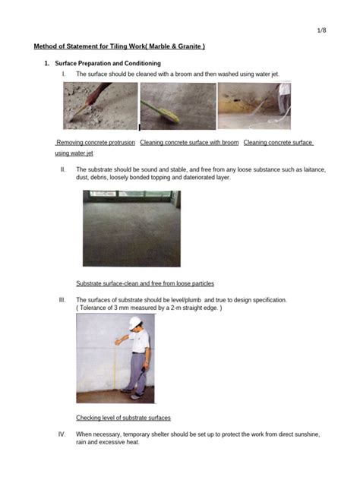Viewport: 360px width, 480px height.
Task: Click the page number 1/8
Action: (x=321, y=30)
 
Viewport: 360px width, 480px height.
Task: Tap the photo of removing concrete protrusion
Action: (x=100, y=106)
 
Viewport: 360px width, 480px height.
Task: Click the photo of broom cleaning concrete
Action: (x=177, y=106)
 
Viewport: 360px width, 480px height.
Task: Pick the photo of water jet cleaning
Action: (x=254, y=106)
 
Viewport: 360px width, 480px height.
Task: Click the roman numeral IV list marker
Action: (x=62, y=434)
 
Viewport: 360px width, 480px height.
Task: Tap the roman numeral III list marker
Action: (x=62, y=300)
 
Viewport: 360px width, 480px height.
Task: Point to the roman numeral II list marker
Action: (x=63, y=168)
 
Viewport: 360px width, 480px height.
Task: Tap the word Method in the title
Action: (x=46, y=47)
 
